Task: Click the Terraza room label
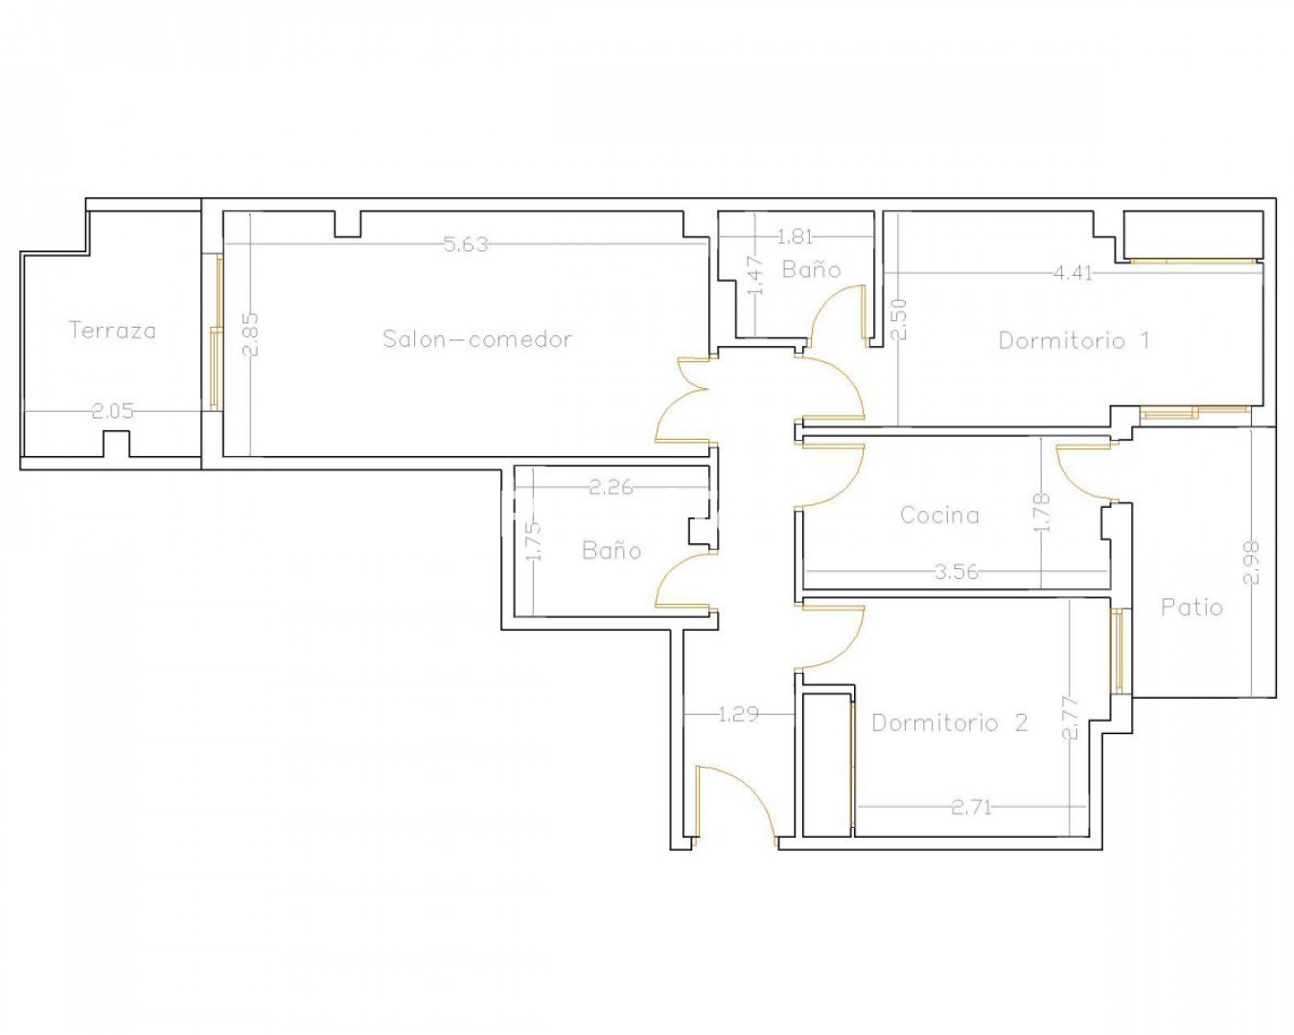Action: pyautogui.click(x=112, y=331)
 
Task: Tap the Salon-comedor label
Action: pyautogui.click(x=477, y=339)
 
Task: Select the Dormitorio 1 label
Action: pyautogui.click(x=1074, y=340)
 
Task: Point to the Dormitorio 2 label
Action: pyautogui.click(x=950, y=723)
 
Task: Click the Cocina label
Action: pyautogui.click(x=940, y=515)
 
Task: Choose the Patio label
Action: pyautogui.click(x=1191, y=608)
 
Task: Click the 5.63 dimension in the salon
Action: pyautogui.click(x=466, y=244)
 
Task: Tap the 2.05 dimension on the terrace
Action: pyautogui.click(x=112, y=411)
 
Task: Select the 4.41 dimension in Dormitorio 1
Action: pyautogui.click(x=1074, y=273)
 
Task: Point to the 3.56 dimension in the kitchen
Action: pyautogui.click(x=957, y=571)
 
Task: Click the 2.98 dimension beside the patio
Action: pyautogui.click(x=1251, y=563)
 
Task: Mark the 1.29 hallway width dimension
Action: pyautogui.click(x=738, y=715)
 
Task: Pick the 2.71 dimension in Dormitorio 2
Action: pyautogui.click(x=971, y=807)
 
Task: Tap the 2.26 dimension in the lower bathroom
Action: pyautogui.click(x=611, y=487)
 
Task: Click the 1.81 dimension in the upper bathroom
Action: pyautogui.click(x=795, y=237)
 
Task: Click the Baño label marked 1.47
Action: pyautogui.click(x=811, y=269)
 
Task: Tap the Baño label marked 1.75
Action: pyautogui.click(x=612, y=550)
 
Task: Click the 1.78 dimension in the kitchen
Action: pyautogui.click(x=1043, y=513)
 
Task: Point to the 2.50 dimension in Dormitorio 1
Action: pyautogui.click(x=900, y=320)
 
